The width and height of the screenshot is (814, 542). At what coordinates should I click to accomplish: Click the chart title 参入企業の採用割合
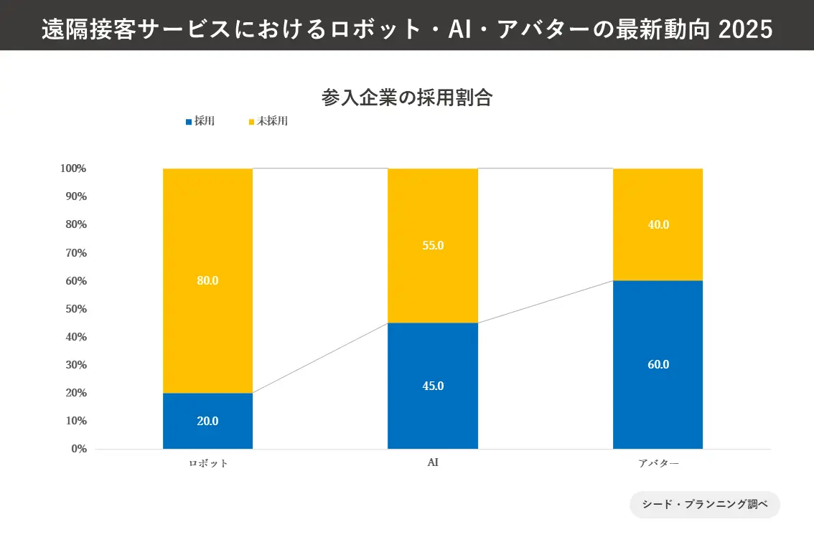click(406, 98)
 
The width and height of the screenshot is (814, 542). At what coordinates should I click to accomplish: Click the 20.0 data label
click(207, 421)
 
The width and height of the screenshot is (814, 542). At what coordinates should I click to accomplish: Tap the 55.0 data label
click(433, 245)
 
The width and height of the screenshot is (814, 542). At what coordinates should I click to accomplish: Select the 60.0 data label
click(658, 364)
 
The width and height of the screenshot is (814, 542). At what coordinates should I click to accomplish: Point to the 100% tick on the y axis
click(73, 168)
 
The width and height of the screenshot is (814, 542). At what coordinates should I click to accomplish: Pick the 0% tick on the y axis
click(79, 449)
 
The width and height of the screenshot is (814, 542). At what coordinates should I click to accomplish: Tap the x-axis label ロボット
click(208, 463)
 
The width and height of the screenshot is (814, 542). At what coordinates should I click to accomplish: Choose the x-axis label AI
click(433, 462)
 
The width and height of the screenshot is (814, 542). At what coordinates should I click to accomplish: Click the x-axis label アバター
click(658, 463)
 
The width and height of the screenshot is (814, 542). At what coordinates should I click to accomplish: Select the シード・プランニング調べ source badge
click(704, 504)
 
